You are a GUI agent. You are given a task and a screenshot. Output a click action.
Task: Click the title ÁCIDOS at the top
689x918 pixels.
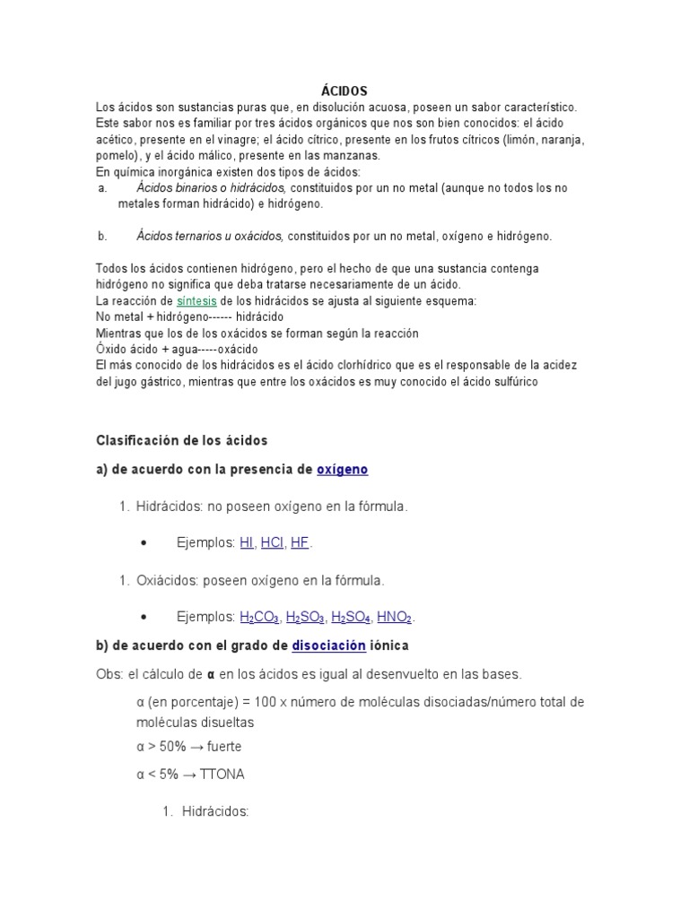click(344, 91)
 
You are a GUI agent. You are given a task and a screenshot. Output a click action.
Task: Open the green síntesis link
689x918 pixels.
click(196, 301)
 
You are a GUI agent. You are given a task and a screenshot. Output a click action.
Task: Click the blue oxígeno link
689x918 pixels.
click(343, 469)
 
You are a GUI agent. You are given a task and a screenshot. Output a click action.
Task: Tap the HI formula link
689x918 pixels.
click(247, 543)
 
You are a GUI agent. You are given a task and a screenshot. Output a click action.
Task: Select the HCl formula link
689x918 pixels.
click(272, 543)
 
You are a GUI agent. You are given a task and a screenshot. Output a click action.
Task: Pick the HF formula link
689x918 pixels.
click(300, 543)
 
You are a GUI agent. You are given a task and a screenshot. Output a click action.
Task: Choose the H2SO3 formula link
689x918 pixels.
click(305, 618)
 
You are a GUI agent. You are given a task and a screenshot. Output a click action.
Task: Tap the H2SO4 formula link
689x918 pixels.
click(351, 618)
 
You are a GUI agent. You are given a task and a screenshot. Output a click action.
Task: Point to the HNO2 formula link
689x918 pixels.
click(395, 618)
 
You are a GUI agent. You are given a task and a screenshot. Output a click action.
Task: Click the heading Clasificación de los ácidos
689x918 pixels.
click(182, 440)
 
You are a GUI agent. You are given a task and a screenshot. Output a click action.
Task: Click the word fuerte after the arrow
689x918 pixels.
click(224, 747)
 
